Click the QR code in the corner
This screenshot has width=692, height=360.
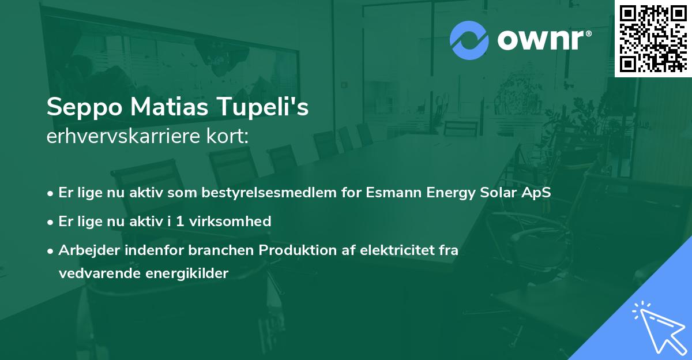tap(653, 38)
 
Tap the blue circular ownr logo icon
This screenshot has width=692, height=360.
tap(469, 40)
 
